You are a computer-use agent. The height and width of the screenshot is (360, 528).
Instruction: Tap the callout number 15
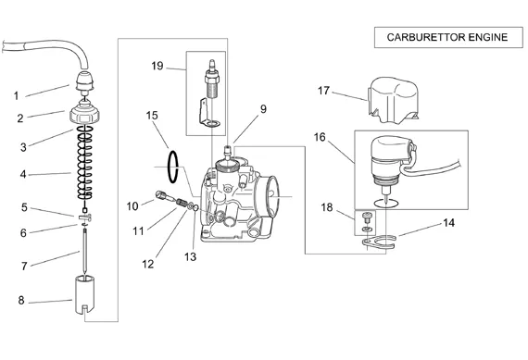pyautogui.click(x=152, y=116)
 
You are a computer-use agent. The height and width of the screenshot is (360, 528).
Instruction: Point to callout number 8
pyautogui.click(x=21, y=300)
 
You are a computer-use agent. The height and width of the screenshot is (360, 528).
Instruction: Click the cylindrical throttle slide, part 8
pyautogui.click(x=84, y=294)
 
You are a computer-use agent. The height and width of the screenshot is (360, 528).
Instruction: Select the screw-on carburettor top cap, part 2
pyautogui.click(x=85, y=114)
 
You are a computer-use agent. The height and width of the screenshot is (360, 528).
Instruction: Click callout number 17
pyautogui.click(x=323, y=91)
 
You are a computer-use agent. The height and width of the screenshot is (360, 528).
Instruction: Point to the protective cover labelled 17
pyautogui.click(x=393, y=100)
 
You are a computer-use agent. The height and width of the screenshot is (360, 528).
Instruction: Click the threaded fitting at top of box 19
pyautogui.click(x=212, y=80)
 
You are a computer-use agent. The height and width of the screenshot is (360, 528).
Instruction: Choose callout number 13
pyautogui.click(x=190, y=257)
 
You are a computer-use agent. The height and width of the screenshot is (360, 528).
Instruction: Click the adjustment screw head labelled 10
pyautogui.click(x=161, y=195)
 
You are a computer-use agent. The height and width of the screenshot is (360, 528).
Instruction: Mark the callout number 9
pyautogui.click(x=263, y=109)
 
